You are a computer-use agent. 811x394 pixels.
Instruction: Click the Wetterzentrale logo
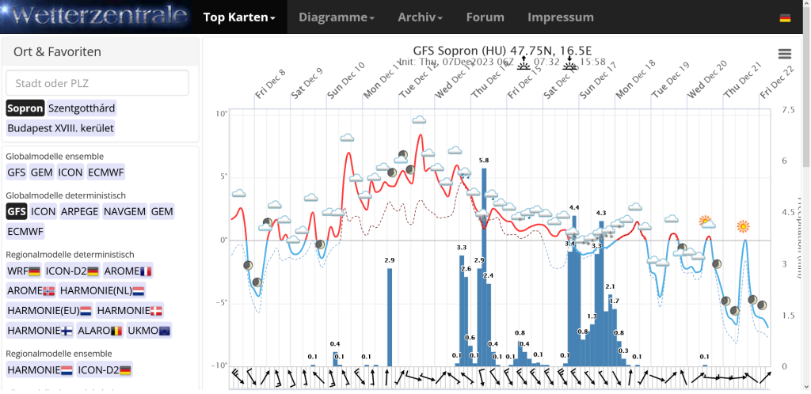click(x=95, y=17)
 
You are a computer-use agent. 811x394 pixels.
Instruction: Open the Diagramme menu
click(x=337, y=17)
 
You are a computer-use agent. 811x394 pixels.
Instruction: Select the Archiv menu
click(x=420, y=17)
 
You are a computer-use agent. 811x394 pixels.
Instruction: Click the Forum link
click(x=485, y=17)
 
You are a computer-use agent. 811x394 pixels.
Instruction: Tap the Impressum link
click(x=560, y=17)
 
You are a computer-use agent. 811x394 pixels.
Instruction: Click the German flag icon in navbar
click(x=785, y=18)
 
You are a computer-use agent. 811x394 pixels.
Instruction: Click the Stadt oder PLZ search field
click(x=97, y=83)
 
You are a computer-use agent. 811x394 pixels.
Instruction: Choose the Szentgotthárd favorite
click(x=81, y=108)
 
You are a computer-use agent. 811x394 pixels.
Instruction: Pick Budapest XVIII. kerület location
click(x=60, y=127)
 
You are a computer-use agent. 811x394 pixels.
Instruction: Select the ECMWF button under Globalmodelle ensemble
click(x=105, y=172)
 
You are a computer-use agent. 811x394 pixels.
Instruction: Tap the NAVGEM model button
click(x=124, y=211)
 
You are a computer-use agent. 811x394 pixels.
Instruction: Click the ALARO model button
click(x=105, y=330)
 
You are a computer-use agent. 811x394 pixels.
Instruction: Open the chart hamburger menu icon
click(x=784, y=54)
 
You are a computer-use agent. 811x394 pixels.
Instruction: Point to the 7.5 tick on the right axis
click(x=788, y=111)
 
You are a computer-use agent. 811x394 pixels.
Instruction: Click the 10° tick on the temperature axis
click(x=222, y=115)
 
